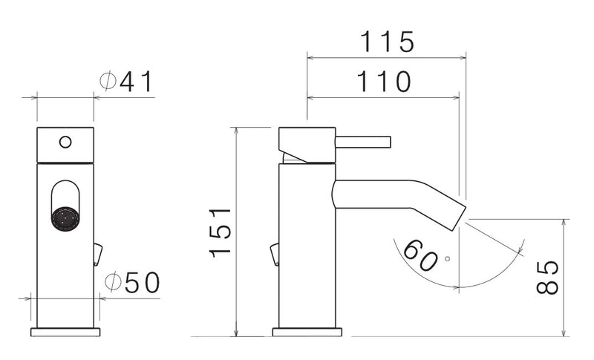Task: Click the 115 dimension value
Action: [x=386, y=42]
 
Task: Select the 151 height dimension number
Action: [x=221, y=232]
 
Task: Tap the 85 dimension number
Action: [x=549, y=276]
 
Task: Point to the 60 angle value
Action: [x=421, y=256]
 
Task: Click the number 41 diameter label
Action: [x=137, y=82]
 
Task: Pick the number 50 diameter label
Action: [x=141, y=282]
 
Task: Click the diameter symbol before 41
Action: [x=108, y=82]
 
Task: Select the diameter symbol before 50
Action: [x=113, y=282]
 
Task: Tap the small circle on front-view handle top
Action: [x=65, y=141]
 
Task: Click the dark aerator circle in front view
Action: [x=65, y=219]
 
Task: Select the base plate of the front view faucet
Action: [x=65, y=332]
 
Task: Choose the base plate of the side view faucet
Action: [x=307, y=332]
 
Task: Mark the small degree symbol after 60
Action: [x=447, y=259]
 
